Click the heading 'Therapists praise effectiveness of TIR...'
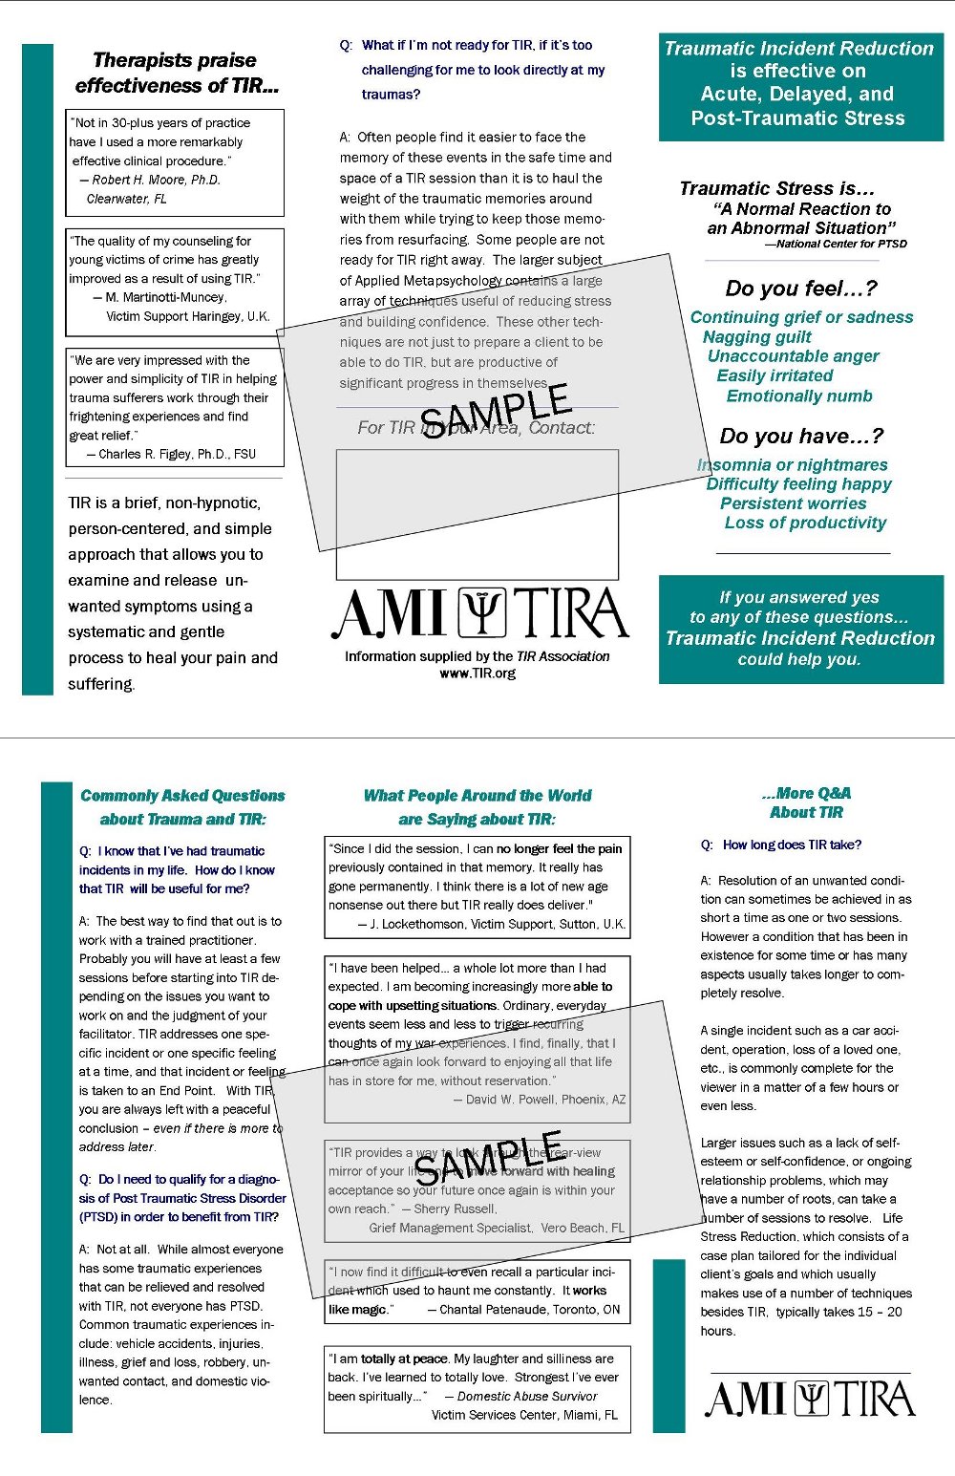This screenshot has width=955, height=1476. click(177, 73)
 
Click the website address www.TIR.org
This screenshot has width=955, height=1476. click(477, 673)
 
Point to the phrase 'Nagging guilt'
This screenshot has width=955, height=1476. click(756, 336)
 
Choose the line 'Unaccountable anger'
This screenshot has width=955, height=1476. click(793, 355)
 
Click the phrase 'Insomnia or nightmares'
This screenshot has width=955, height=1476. click(793, 464)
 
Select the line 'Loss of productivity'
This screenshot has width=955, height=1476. click(805, 523)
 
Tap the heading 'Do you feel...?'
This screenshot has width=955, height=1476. click(800, 289)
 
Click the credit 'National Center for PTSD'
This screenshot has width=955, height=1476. click(840, 244)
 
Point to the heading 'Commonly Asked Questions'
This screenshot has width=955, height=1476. click(182, 795)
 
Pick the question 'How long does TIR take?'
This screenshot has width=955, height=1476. click(792, 845)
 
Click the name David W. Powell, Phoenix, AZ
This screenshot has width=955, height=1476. click(544, 1100)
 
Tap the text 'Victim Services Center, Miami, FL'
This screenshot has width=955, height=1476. click(524, 1415)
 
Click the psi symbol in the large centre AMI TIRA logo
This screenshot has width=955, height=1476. click(482, 612)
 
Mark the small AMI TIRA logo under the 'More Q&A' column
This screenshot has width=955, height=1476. click(810, 1399)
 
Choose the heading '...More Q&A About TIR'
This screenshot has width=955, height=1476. click(806, 802)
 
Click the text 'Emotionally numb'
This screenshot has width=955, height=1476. click(799, 396)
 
